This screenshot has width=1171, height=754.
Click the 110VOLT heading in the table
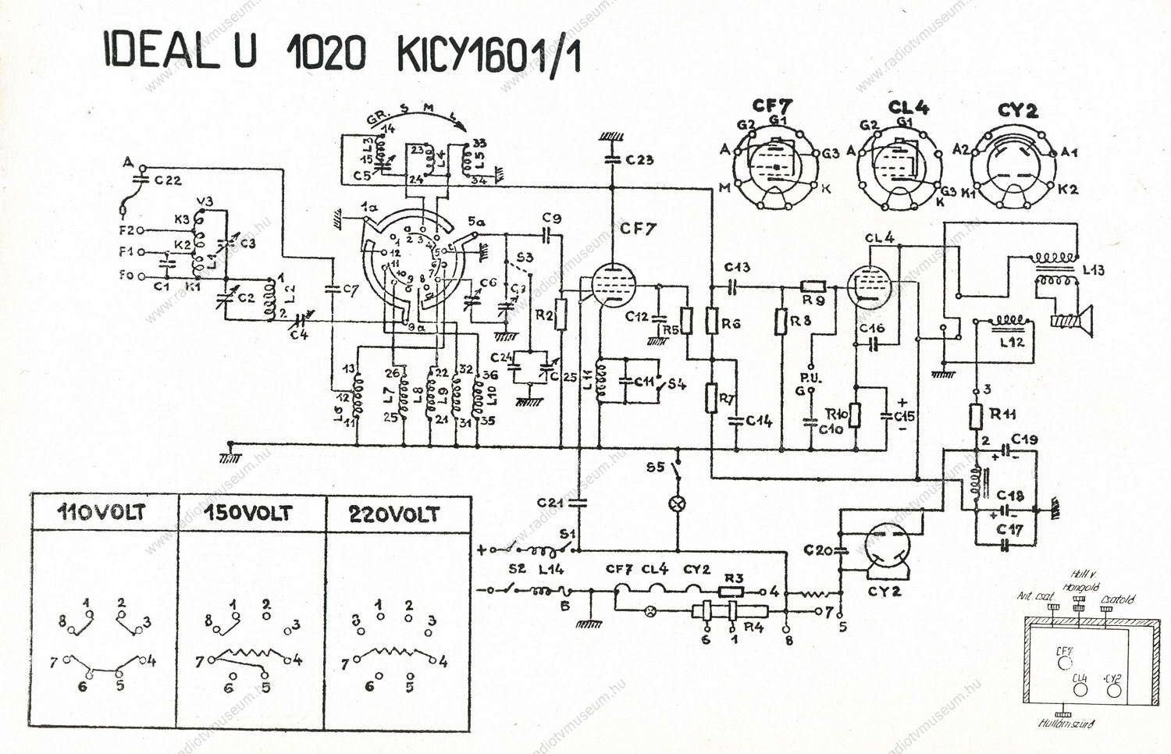pyautogui.click(x=102, y=514)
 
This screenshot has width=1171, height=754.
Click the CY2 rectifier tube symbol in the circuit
pyautogui.click(x=884, y=547)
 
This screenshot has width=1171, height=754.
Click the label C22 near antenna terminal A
pyautogui.click(x=168, y=181)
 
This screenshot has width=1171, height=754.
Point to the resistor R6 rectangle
pyautogui.click(x=711, y=321)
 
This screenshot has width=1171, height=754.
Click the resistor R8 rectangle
pyautogui.click(x=779, y=322)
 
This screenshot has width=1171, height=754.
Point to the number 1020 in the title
pyautogui.click(x=326, y=53)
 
